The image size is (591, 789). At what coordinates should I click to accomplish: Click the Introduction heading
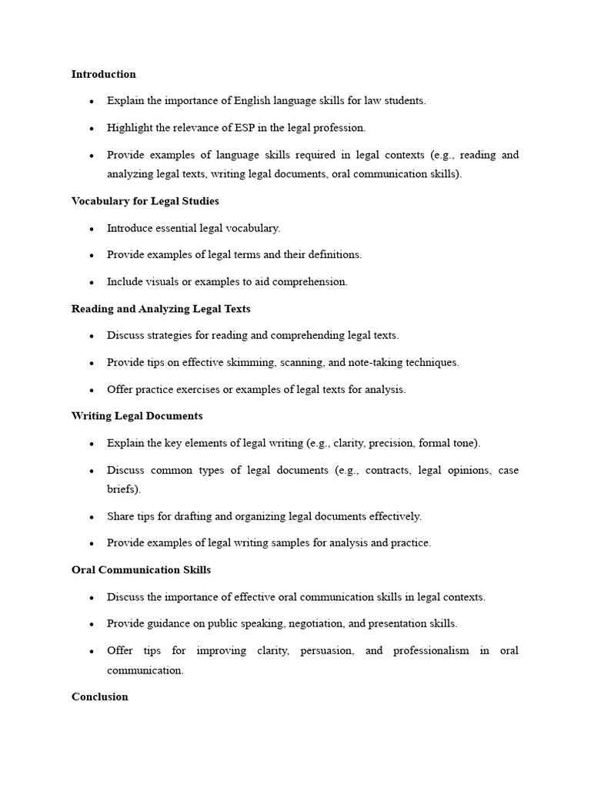click(104, 75)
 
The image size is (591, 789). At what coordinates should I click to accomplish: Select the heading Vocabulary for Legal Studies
click(145, 201)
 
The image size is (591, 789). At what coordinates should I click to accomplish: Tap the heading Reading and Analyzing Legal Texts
click(161, 309)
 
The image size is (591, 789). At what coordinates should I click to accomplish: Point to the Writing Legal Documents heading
click(137, 416)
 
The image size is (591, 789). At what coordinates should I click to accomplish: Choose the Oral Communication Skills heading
click(141, 570)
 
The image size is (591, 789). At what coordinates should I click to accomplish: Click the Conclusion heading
click(100, 697)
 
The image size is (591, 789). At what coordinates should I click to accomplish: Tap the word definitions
click(330, 255)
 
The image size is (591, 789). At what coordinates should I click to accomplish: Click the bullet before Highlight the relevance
click(92, 129)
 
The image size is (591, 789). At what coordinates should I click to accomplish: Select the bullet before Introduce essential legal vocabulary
click(92, 229)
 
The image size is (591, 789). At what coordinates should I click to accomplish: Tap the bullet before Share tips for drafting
click(92, 517)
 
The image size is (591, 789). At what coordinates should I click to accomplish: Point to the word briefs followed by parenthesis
click(124, 490)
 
